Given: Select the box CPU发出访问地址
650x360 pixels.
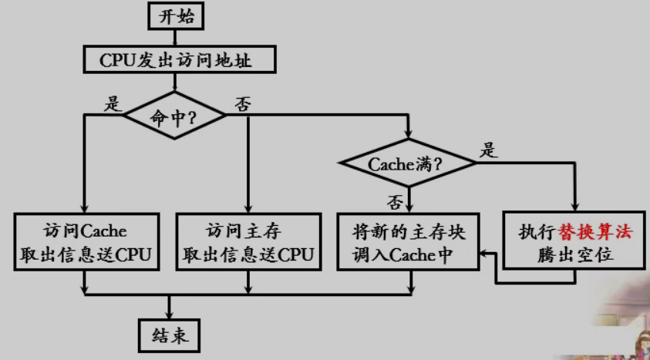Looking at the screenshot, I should coord(176,59).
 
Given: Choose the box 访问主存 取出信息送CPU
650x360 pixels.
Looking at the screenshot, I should coord(248,243).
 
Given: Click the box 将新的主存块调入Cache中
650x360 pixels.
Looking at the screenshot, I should coord(409,243).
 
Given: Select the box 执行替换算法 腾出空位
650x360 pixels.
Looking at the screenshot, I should coord(574,243).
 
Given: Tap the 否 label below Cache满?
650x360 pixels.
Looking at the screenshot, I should coord(395,201).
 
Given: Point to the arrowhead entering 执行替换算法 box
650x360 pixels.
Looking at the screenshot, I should coord(574,208).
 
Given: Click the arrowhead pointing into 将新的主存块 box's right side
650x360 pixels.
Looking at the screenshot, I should coord(484,253).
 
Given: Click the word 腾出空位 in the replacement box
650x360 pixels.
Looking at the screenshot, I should coord(574,255).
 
